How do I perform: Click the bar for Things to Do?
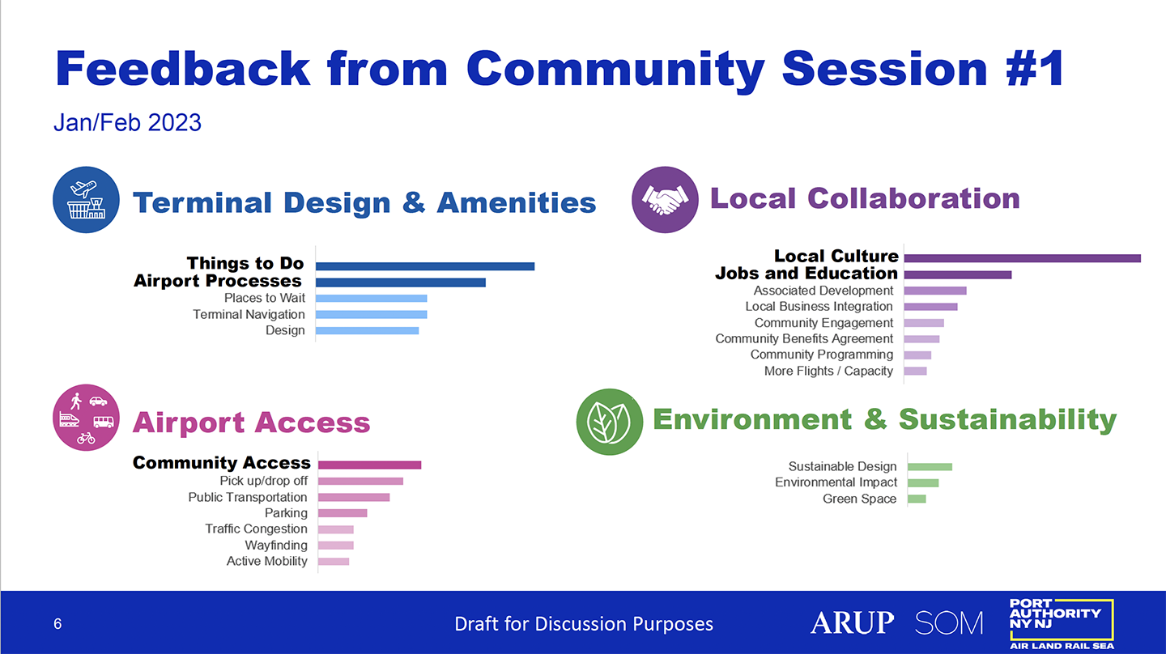coord(425,266)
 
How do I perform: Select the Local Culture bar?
coord(1023,258)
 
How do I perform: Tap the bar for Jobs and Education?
coord(958,274)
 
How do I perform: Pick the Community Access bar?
coord(369,465)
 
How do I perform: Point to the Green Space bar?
coord(917,499)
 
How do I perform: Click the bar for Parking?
coord(343,513)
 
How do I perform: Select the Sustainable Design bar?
coord(930,467)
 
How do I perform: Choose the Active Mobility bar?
coord(334,562)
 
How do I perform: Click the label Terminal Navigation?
coord(249,314)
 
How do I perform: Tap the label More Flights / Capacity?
coord(828,371)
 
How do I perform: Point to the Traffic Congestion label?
coord(256,529)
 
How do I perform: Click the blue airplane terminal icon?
coord(86,200)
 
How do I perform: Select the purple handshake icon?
coord(665,200)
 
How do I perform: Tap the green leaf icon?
coord(610,422)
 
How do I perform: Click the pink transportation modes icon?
coord(86,418)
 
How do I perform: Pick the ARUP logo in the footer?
coord(852,622)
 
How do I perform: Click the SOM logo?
coord(949,622)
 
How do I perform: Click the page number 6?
coord(57,624)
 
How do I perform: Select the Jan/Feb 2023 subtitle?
coord(128,123)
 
